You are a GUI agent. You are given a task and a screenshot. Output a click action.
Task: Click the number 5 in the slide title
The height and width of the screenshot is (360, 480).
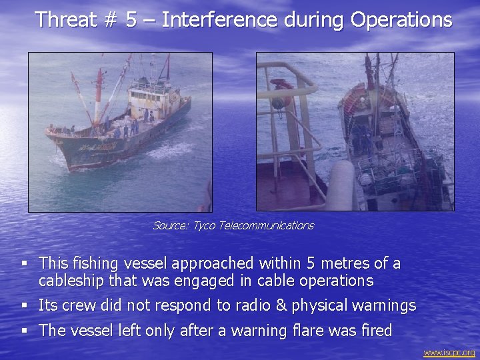coord(131,19)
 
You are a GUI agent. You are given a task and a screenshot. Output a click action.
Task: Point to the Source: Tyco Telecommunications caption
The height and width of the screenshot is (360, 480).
coord(233,225)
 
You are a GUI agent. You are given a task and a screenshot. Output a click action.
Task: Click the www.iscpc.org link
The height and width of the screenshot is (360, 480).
coord(449,352)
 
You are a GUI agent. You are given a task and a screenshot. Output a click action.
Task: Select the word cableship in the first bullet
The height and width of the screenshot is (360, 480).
coord(69,280)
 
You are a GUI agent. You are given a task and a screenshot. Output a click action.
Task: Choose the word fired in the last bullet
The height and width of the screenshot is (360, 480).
coord(374,330)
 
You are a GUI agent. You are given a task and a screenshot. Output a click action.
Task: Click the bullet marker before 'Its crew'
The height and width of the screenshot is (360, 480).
coord(24,306)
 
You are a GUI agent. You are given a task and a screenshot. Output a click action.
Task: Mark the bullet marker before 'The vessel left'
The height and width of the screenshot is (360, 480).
coord(24,331)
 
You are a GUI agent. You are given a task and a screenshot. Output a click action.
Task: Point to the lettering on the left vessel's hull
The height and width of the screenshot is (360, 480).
coord(93,145)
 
